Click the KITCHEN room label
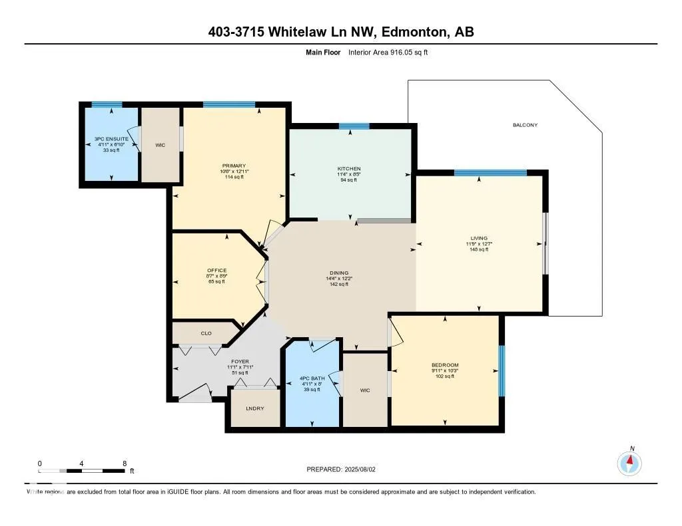coord(348,168)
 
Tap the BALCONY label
coord(525,125)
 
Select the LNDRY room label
coord(254,408)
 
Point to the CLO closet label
coord(206,332)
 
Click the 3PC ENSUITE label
coord(111,140)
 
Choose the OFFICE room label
coord(216,270)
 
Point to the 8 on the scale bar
coord(125,463)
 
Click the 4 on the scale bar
coord(82,463)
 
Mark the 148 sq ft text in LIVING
coord(479,249)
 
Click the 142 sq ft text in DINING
coord(339,284)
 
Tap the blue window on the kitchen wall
coord(354,126)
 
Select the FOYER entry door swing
coord(194,394)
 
